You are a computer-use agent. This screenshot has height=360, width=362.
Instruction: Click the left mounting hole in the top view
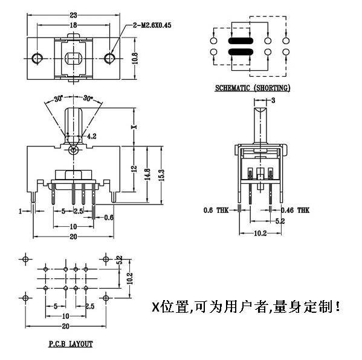tap(37, 58)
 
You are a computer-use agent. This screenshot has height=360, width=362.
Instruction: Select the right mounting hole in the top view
tap(109, 58)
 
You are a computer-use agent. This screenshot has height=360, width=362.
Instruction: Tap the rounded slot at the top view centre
tap(73, 59)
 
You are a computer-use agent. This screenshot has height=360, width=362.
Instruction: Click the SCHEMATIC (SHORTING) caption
tap(253, 88)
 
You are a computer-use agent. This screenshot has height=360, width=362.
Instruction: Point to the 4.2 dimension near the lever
tap(90, 137)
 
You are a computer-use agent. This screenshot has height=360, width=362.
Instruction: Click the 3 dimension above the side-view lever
tap(273, 100)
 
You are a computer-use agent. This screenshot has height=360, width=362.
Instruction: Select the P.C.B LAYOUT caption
tap(71, 344)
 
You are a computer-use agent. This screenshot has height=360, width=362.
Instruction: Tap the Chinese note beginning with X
tap(246, 307)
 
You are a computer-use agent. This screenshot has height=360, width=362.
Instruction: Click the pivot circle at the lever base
tap(73, 149)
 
